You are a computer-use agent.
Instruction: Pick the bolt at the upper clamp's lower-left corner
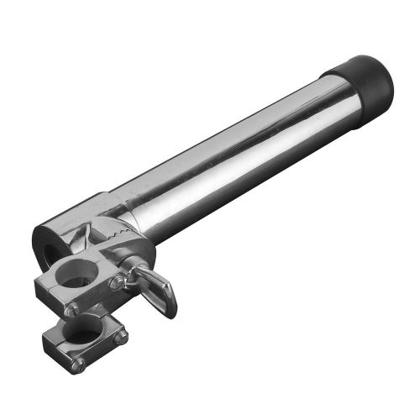click(72, 309)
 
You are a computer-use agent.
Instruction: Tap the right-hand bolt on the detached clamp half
click(121, 338)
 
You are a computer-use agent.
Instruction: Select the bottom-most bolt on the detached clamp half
click(78, 364)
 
